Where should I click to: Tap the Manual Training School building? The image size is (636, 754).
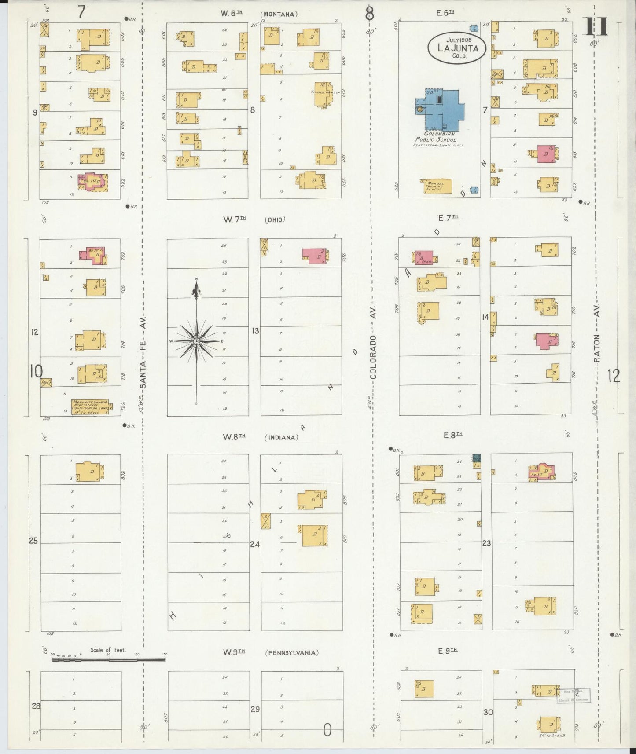tap(436, 186)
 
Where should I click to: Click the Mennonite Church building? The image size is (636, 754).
tap(90, 406)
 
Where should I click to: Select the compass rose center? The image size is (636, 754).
tap(196, 341)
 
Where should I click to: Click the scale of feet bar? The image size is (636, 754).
tap(108, 660)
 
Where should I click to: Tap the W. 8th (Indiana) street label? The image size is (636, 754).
tap(260, 437)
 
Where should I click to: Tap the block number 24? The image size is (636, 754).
tap(255, 544)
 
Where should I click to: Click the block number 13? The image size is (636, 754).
tap(255, 331)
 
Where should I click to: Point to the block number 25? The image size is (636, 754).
tap(33, 541)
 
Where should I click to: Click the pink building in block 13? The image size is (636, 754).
tap(315, 256)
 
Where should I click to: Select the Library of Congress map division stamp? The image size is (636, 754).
tap(574, 695)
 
